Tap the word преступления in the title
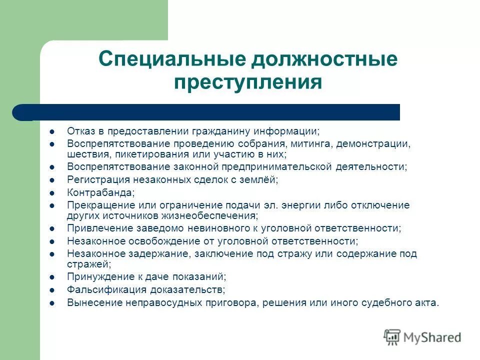point(247,81)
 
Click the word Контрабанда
point(100,192)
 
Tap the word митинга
point(312,143)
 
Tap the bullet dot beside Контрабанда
point(52,192)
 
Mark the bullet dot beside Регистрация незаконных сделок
point(52,179)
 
